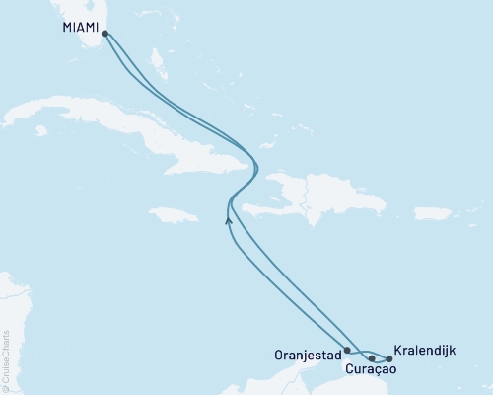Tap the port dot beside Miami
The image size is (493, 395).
click(x=105, y=33)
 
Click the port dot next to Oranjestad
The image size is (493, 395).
click(x=347, y=350)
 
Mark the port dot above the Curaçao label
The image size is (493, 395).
click(x=372, y=357)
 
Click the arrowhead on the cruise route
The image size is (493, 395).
click(x=229, y=220)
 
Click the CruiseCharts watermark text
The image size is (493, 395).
click(x=7, y=355)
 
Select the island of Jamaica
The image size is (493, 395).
click(x=172, y=214)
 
